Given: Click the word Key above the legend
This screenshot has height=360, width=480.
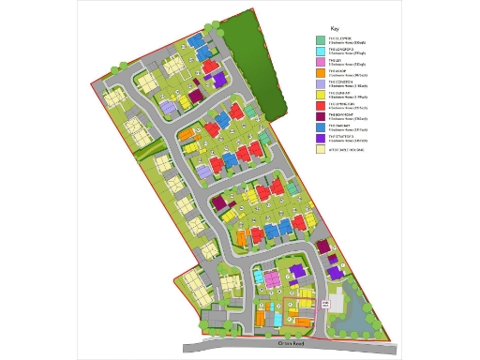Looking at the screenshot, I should pos(335,29).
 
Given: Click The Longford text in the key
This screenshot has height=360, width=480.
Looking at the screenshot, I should pos(339,49).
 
